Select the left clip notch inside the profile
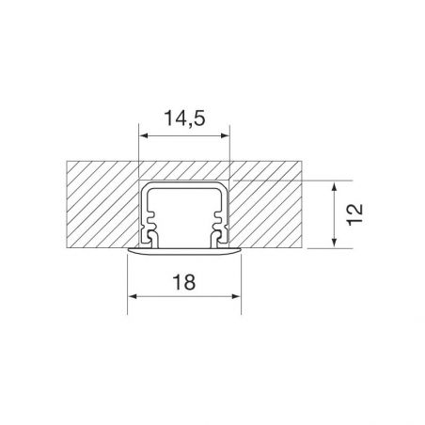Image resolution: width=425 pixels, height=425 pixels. [148, 226]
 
